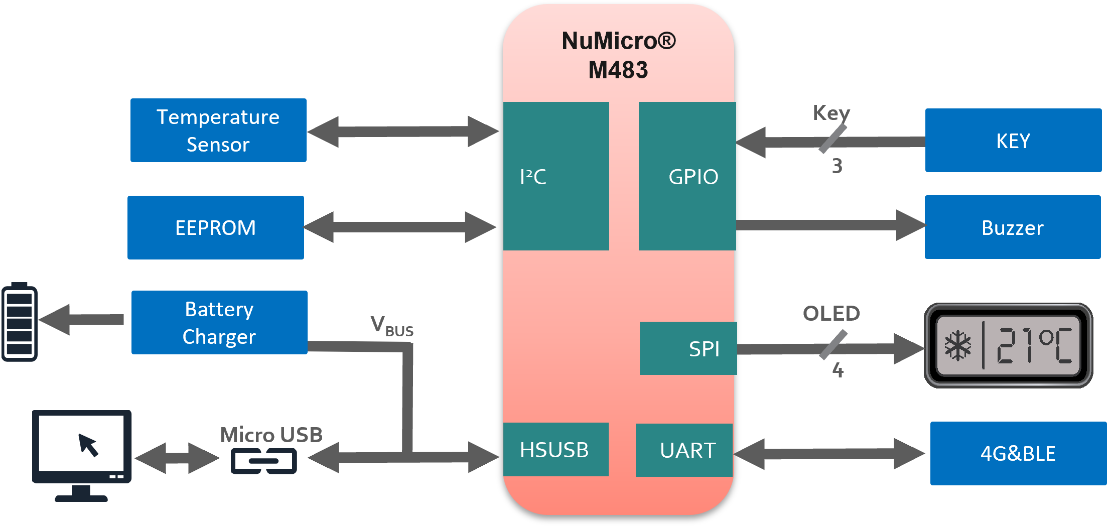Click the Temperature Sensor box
[x=218, y=130]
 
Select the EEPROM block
[x=216, y=227]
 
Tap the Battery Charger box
[x=219, y=322]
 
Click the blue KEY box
[x=1013, y=141]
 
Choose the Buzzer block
[x=1012, y=227]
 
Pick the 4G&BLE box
[x=1018, y=453]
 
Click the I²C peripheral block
[x=556, y=176]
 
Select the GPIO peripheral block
[x=687, y=176]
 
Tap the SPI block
[x=688, y=348]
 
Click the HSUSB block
[x=556, y=450]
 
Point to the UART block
[x=684, y=450]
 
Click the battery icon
[x=20, y=322]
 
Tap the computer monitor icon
[x=82, y=454]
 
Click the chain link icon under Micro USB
[x=264, y=461]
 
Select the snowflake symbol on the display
[x=958, y=345]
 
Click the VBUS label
[x=392, y=326]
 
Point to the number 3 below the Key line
[x=837, y=166]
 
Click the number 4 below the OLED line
[x=838, y=370]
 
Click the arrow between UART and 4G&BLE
[x=829, y=454]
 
